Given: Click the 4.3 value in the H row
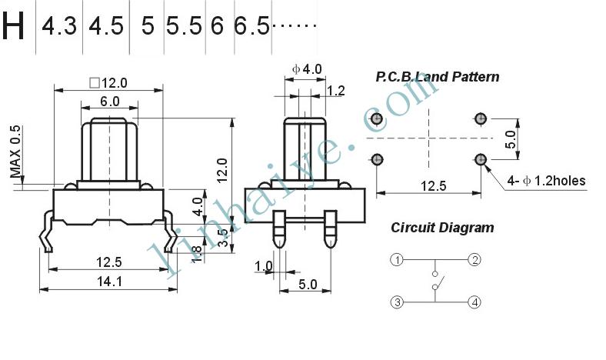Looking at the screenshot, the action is point(59,26).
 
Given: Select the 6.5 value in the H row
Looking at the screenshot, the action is point(251,26).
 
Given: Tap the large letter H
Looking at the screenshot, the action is point(13,26).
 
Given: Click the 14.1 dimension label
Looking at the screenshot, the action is point(109,281).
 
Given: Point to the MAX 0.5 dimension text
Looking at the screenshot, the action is point(16,152).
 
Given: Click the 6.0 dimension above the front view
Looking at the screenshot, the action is point(110,102).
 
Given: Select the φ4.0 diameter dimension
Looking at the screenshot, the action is point(307,69).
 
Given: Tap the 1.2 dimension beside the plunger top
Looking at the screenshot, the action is point(335,91).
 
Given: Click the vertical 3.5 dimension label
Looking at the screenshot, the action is point(223,238).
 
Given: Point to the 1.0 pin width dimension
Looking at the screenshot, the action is point(263,266).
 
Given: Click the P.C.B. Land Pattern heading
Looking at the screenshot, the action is point(437,77).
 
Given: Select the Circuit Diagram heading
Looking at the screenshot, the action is point(442,228).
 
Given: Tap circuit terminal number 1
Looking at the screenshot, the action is point(397,259).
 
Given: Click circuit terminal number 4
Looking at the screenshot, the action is point(474,302).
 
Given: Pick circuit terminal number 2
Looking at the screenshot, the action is point(474,259).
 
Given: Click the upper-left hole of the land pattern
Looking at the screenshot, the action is point(376,118).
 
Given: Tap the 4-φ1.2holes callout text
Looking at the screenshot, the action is point(546,181).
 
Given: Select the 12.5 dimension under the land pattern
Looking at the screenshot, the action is point(433,186).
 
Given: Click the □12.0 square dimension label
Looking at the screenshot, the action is point(108,83).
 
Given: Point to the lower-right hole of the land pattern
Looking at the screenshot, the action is point(481,159).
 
